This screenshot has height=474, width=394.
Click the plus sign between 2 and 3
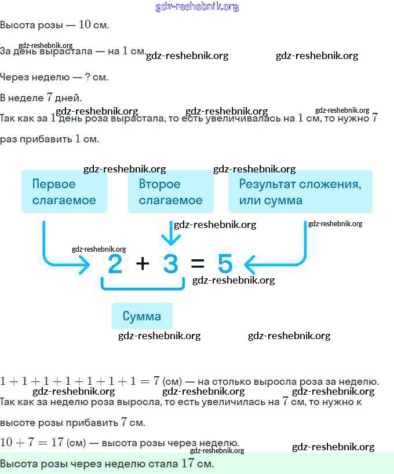click(143, 264)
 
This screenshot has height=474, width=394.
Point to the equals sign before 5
click(198, 264)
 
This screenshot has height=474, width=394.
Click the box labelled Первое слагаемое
click(64, 192)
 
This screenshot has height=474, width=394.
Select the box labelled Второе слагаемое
click(170, 192)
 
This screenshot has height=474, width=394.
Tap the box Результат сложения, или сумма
click(300, 192)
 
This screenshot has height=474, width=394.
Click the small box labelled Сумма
click(142, 316)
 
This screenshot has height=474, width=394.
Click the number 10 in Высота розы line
click(85, 25)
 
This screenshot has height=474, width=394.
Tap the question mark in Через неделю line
click(87, 77)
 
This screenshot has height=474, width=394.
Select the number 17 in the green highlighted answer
click(187, 463)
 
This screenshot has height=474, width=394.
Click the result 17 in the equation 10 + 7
click(56, 443)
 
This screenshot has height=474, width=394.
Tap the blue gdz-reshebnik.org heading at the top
click(197, 7)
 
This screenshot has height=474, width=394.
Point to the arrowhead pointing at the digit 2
click(85, 265)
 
